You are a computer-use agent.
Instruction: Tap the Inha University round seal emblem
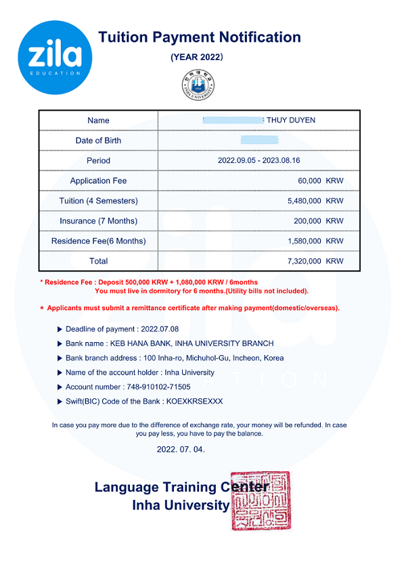(198, 85)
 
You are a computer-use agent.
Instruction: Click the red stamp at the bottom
(261, 501)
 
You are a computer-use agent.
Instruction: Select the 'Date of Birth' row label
(98, 141)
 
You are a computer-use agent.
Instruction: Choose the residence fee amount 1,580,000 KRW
(315, 241)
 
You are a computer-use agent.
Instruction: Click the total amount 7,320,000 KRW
(315, 261)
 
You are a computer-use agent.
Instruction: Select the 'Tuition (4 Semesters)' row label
(98, 201)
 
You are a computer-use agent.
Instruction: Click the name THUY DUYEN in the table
(291, 120)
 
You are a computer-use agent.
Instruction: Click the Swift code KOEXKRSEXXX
(194, 402)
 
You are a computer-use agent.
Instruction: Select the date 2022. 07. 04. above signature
(181, 449)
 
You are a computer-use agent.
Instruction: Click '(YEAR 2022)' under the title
(197, 57)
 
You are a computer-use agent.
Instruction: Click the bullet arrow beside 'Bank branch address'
(59, 358)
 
